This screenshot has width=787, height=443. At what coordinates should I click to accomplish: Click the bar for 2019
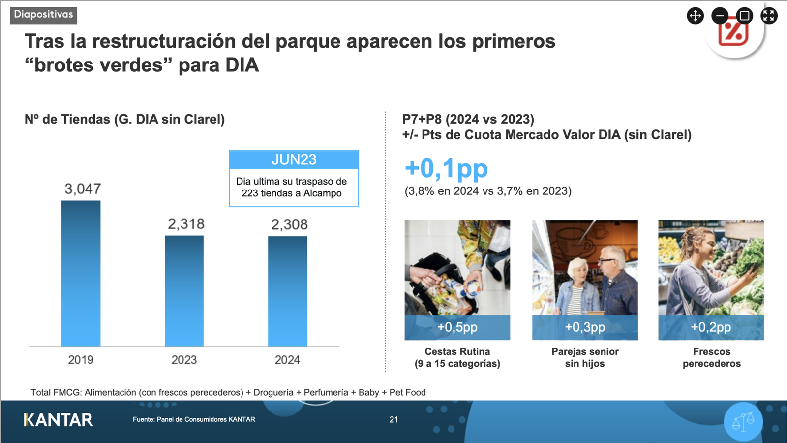(81, 273)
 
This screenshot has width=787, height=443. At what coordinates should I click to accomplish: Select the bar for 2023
(184, 290)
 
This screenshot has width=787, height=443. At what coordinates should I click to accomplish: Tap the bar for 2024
(287, 291)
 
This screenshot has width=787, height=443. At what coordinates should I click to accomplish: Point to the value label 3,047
(83, 189)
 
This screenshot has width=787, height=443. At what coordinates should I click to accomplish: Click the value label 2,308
(289, 224)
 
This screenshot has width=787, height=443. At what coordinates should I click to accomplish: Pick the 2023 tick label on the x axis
(184, 360)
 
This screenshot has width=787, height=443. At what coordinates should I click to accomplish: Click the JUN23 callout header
(294, 159)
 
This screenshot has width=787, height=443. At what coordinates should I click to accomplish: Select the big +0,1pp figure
(446, 168)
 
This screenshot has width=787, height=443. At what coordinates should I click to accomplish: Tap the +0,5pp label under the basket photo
(457, 327)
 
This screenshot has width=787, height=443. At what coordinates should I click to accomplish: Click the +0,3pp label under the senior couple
(585, 327)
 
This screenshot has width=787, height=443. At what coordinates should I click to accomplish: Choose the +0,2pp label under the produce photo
(711, 327)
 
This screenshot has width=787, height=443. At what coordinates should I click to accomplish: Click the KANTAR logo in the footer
(59, 420)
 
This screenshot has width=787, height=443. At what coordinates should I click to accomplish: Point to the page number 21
(393, 420)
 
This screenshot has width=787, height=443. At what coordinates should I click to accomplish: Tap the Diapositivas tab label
(43, 15)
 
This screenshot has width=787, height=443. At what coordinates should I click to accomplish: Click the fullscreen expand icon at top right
(769, 16)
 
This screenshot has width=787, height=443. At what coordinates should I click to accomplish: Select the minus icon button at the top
(720, 16)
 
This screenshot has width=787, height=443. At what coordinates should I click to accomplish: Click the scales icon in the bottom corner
(743, 421)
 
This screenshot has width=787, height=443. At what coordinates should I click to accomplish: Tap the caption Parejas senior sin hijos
(585, 357)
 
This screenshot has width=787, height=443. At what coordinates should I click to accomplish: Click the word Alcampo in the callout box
(322, 193)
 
